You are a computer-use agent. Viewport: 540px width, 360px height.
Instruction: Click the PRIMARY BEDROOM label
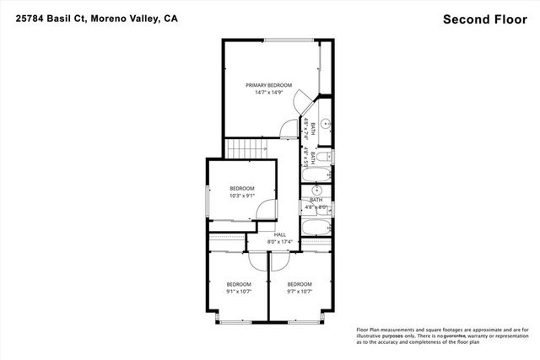click(268, 85)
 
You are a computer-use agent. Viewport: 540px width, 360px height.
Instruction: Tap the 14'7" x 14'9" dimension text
click(268, 93)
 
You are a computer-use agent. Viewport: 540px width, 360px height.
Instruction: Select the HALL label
click(268, 235)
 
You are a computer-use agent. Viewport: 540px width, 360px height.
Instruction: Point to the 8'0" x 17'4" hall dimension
click(268, 243)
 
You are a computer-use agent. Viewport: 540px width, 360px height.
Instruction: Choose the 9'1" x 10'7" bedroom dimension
click(239, 292)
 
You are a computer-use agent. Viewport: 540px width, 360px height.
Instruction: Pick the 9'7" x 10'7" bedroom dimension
click(299, 292)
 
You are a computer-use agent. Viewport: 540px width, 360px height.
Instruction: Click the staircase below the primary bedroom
click(246, 149)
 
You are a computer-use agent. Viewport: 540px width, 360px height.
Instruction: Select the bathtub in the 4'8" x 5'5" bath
click(320, 175)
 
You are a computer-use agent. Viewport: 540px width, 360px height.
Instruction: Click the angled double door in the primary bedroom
click(302, 106)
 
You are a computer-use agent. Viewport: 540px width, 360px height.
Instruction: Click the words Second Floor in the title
click(481, 18)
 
